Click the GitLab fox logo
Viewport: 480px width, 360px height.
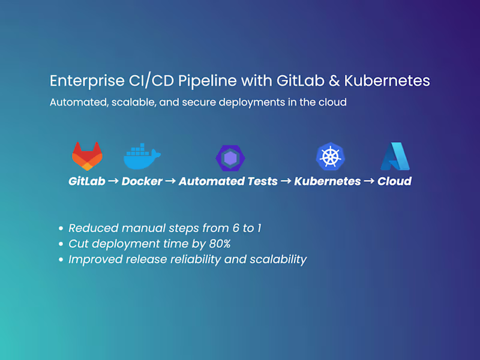(x=87, y=156)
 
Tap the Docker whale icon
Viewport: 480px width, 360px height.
(x=142, y=156)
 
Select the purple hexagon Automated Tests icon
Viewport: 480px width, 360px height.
(x=230, y=158)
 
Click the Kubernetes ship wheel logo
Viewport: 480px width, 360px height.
(x=331, y=157)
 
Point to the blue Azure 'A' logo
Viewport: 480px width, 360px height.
(x=395, y=156)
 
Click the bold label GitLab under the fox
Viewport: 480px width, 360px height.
(x=87, y=181)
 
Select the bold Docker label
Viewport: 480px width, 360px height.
(x=142, y=181)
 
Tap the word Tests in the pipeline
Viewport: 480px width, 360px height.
(x=262, y=181)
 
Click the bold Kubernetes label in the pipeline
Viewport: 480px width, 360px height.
(x=328, y=181)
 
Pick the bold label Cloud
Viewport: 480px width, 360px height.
(x=395, y=181)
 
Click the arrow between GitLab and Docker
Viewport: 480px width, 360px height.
(x=113, y=181)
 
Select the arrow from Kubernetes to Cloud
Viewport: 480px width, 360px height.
(x=369, y=181)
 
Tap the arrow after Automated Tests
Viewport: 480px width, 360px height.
(x=286, y=181)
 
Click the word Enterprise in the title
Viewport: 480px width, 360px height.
(x=87, y=81)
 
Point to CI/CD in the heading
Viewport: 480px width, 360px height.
(x=152, y=81)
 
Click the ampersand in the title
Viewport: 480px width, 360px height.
(x=334, y=81)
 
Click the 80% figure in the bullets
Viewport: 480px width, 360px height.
(x=220, y=244)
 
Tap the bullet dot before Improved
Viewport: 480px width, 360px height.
(x=61, y=260)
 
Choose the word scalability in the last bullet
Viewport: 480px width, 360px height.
(x=278, y=260)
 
